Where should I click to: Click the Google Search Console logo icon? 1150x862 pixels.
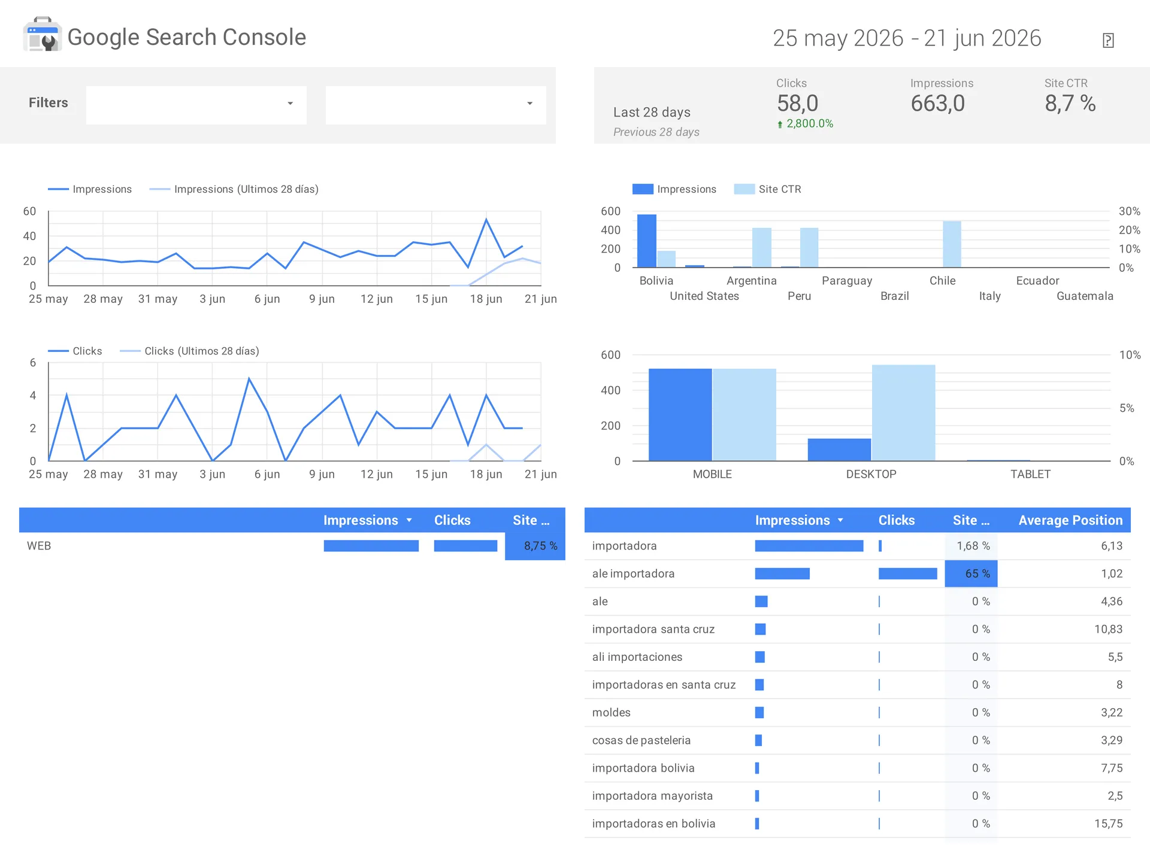42,35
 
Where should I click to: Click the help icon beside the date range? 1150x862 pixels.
1108,40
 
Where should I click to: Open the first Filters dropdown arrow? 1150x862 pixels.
290,104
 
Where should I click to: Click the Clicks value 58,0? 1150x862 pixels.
797,104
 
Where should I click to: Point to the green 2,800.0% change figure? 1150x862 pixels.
805,124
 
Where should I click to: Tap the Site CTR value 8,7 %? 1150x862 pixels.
1070,104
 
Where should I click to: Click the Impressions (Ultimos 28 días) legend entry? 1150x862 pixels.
234,189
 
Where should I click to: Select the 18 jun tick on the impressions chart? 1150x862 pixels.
486,299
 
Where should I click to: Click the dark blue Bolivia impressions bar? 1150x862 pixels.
647,241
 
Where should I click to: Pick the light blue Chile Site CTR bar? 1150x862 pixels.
952,244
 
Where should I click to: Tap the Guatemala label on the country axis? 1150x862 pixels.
1085,296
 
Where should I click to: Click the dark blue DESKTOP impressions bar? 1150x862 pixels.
839,450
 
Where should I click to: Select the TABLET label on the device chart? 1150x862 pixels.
1030,474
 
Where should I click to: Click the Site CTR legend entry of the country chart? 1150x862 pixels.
768,189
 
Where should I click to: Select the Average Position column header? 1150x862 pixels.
1070,520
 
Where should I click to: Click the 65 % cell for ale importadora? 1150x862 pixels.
971,573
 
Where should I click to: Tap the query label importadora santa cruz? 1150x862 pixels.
653,629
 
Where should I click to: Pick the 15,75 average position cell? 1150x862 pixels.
1108,824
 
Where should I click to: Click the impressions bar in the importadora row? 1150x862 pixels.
809,546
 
